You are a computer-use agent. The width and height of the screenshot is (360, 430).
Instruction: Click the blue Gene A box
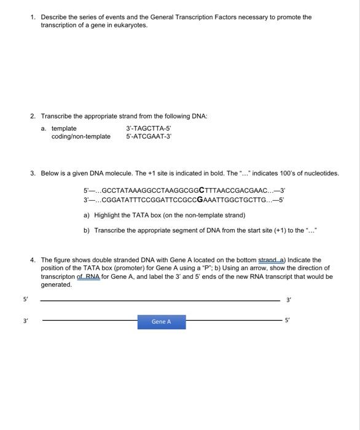click(x=161, y=322)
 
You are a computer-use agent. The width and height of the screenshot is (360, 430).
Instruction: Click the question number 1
click(x=33, y=17)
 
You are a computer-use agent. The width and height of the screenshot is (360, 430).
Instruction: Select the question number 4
click(x=33, y=260)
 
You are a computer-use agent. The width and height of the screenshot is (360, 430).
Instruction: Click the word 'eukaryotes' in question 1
click(x=132, y=26)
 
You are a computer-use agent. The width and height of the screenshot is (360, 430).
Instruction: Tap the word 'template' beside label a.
click(x=64, y=128)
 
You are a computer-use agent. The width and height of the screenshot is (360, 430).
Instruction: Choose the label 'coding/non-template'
click(x=81, y=136)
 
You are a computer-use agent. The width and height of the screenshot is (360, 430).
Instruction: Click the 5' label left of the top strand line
click(x=25, y=300)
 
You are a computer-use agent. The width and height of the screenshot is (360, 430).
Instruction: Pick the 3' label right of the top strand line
click(x=289, y=300)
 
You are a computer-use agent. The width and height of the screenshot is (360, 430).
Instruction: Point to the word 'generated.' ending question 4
click(x=56, y=285)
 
